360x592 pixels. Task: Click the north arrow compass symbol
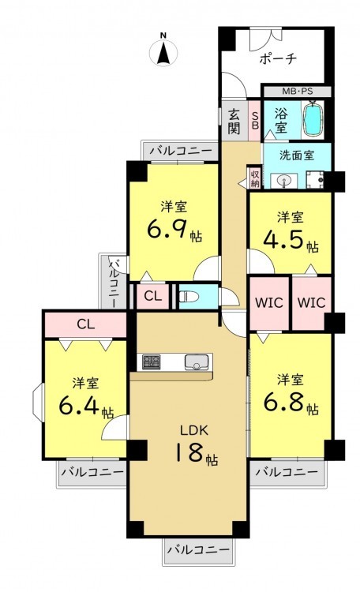163,52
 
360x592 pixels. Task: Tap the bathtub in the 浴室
314,118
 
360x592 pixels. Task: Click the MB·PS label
298,92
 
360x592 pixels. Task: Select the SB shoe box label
255,120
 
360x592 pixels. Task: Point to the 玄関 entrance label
234,122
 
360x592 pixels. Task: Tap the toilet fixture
189,296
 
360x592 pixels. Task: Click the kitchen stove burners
151,362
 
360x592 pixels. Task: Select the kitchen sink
196,362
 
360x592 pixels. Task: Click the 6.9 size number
166,230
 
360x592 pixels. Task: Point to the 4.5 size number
283,240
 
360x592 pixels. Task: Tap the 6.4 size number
79,406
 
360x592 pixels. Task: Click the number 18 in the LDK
189,452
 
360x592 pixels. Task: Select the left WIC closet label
269,302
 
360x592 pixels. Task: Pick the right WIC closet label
311,302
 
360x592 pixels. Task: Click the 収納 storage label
255,178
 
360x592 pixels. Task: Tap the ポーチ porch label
278,59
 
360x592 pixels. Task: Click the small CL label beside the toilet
153,296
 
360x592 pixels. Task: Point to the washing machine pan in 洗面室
315,180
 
